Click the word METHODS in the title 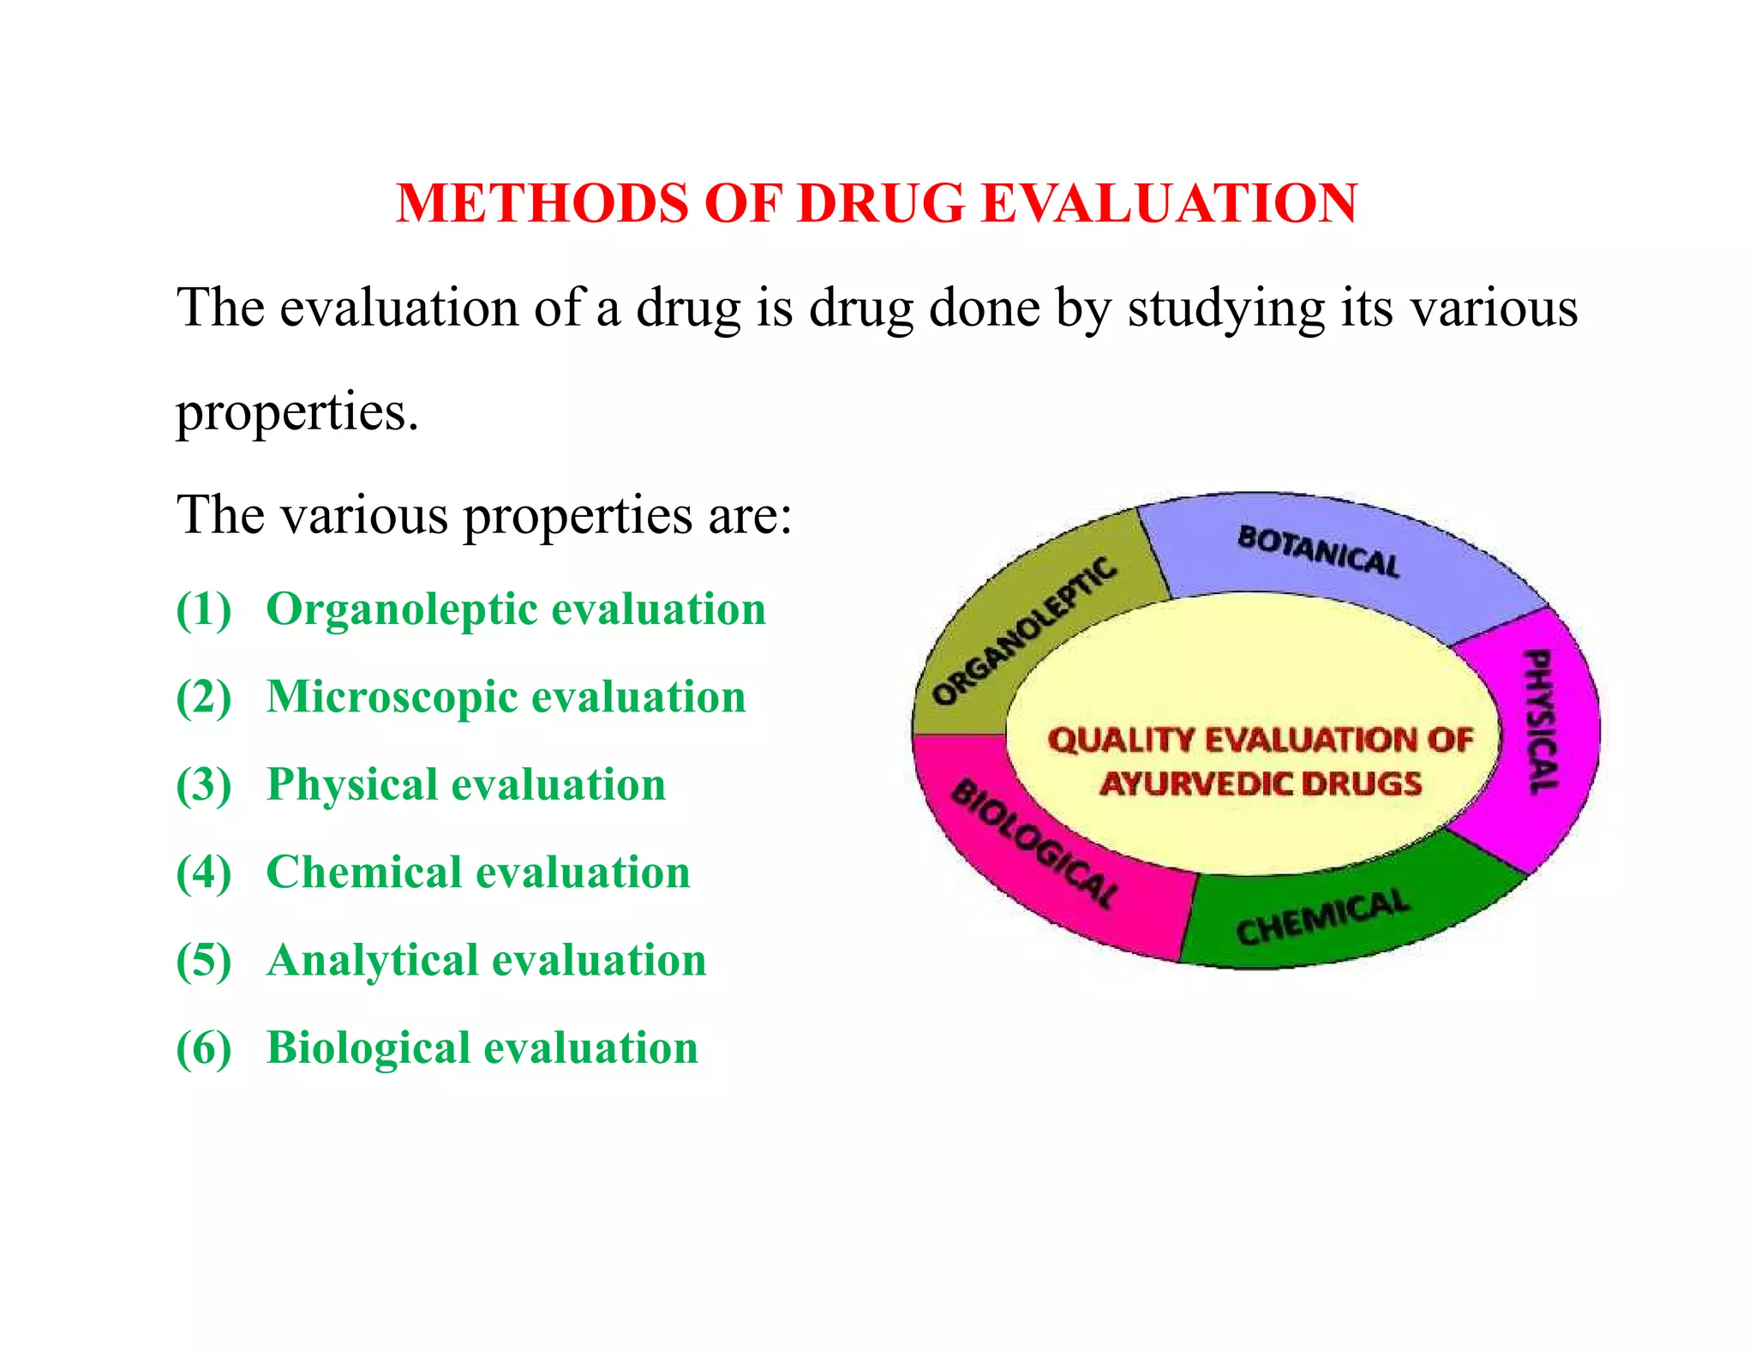click(x=542, y=204)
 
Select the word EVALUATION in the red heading click(x=1169, y=204)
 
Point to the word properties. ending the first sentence click(x=297, y=412)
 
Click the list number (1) click(x=203, y=609)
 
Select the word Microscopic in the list click(x=390, y=698)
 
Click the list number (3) click(x=203, y=785)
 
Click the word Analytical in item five click(x=369, y=961)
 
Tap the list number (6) click(x=203, y=1048)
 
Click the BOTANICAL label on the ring click(x=1318, y=552)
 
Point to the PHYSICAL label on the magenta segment click(x=1541, y=722)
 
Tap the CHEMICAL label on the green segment click(x=1321, y=917)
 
